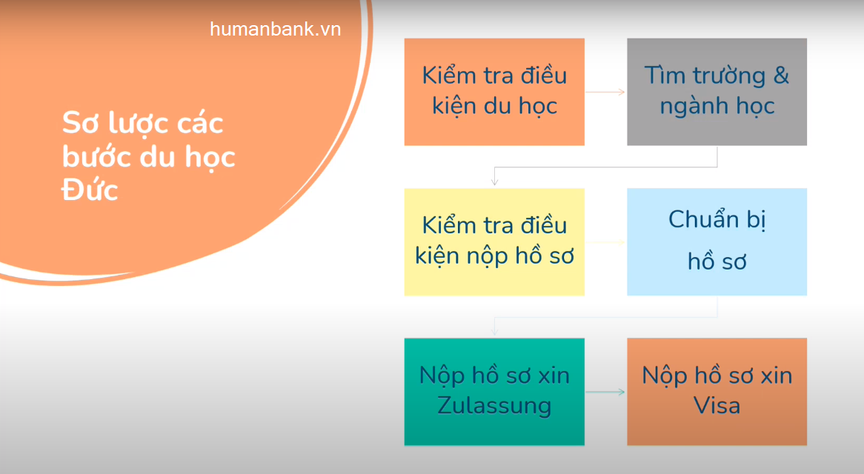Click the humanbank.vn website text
(x=275, y=29)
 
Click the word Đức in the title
(x=90, y=190)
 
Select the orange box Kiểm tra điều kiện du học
(x=494, y=92)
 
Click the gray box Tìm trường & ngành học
(x=717, y=92)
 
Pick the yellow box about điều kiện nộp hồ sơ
(x=494, y=241)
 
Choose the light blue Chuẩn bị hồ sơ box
(x=717, y=241)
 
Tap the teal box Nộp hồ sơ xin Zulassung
(x=494, y=391)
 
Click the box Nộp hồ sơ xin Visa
(x=717, y=391)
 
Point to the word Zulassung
(x=494, y=406)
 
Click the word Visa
(x=717, y=406)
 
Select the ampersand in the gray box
(x=781, y=76)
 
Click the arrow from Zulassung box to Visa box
(x=605, y=391)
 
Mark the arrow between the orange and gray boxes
(x=605, y=92)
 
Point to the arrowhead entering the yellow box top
(x=494, y=181)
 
